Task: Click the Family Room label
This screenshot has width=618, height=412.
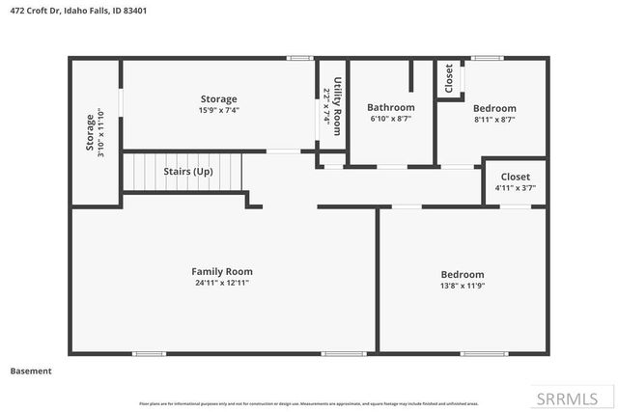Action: pyautogui.click(x=221, y=271)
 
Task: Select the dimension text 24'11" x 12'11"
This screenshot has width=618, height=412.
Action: pyautogui.click(x=221, y=283)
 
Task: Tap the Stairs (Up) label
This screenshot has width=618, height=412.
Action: pyautogui.click(x=187, y=171)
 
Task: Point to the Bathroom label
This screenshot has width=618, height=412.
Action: pyautogui.click(x=390, y=107)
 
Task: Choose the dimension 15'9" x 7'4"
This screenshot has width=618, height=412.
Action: pyautogui.click(x=218, y=110)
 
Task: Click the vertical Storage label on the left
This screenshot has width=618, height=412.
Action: pyautogui.click(x=90, y=132)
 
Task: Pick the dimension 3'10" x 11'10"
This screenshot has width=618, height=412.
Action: pyautogui.click(x=100, y=132)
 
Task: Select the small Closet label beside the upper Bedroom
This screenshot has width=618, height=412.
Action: pyautogui.click(x=449, y=80)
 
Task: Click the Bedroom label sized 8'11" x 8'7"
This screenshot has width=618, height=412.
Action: pyautogui.click(x=494, y=108)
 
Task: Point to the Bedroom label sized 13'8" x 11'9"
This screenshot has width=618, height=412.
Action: pyautogui.click(x=463, y=274)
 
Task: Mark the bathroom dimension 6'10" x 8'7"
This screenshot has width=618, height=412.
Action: pyautogui.click(x=390, y=119)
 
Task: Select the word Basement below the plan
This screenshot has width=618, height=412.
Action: pyautogui.click(x=30, y=371)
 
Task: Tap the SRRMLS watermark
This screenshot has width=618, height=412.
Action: pyautogui.click(x=569, y=398)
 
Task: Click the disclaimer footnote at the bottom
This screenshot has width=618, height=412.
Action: pyautogui.click(x=309, y=403)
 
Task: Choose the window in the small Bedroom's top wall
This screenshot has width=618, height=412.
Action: pyautogui.click(x=488, y=59)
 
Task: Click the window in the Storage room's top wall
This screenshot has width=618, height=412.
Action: pyautogui.click(x=300, y=59)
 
